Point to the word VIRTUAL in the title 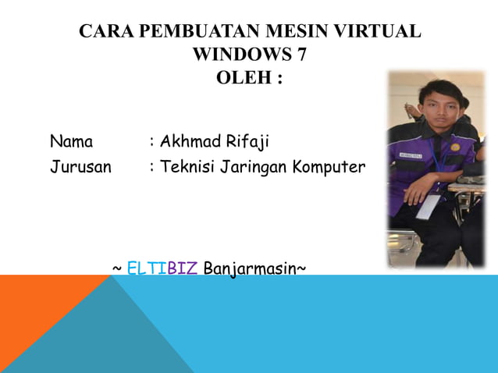tap(376, 32)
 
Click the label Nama tap(71, 142)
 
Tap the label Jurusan tap(80, 167)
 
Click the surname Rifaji tap(247, 142)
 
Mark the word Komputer tap(329, 167)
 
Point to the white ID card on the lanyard tap(428, 206)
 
